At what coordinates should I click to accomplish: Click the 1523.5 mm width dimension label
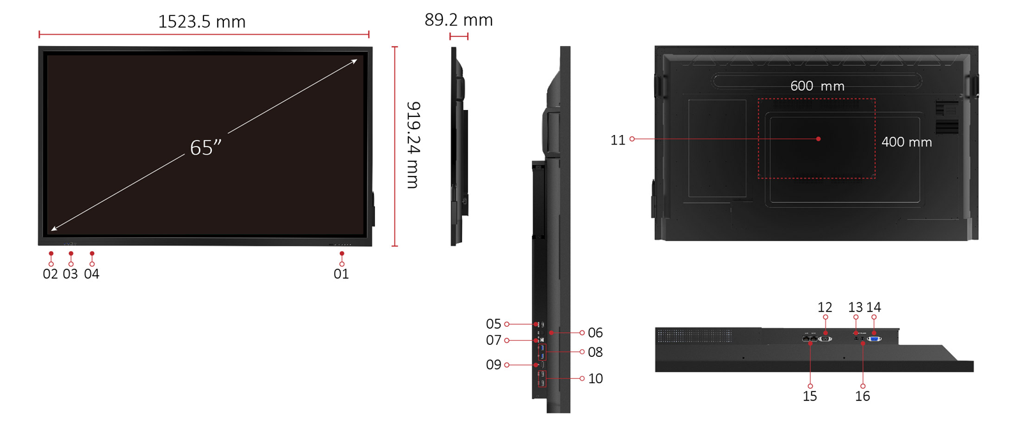pyautogui.click(x=202, y=22)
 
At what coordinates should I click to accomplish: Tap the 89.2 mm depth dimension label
pyautogui.click(x=458, y=20)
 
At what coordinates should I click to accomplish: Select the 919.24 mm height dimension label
pyautogui.click(x=413, y=145)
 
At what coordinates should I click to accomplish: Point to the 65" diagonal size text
pyautogui.click(x=205, y=148)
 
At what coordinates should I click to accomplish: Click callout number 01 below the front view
pyautogui.click(x=341, y=274)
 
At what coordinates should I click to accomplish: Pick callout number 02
pyautogui.click(x=51, y=274)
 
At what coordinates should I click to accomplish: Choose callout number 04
pyautogui.click(x=92, y=274)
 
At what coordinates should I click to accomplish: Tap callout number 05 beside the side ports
pyautogui.click(x=493, y=324)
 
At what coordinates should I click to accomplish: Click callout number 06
pyautogui.click(x=595, y=333)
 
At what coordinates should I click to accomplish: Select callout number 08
pyautogui.click(x=595, y=352)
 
